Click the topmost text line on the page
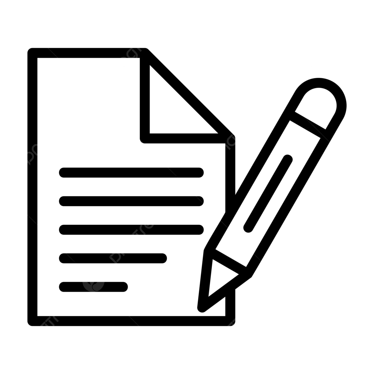[131, 172]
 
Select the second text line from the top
[131, 201]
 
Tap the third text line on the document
[131, 229]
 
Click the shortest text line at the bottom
[93, 286]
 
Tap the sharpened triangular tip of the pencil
[218, 277]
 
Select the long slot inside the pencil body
[268, 193]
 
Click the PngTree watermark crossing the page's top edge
[136, 50]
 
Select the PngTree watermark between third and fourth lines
[136, 237]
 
